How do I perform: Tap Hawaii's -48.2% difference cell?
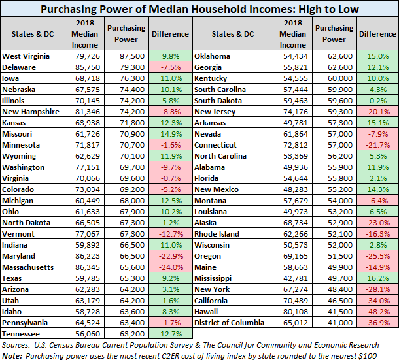(377, 312)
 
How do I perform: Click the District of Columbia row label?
(229, 323)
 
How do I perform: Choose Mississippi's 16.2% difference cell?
(377, 278)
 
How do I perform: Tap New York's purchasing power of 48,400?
(333, 289)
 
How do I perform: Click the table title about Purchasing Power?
(199, 10)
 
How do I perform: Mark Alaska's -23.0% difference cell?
(377, 223)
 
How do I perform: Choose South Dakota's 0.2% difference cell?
(377, 101)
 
